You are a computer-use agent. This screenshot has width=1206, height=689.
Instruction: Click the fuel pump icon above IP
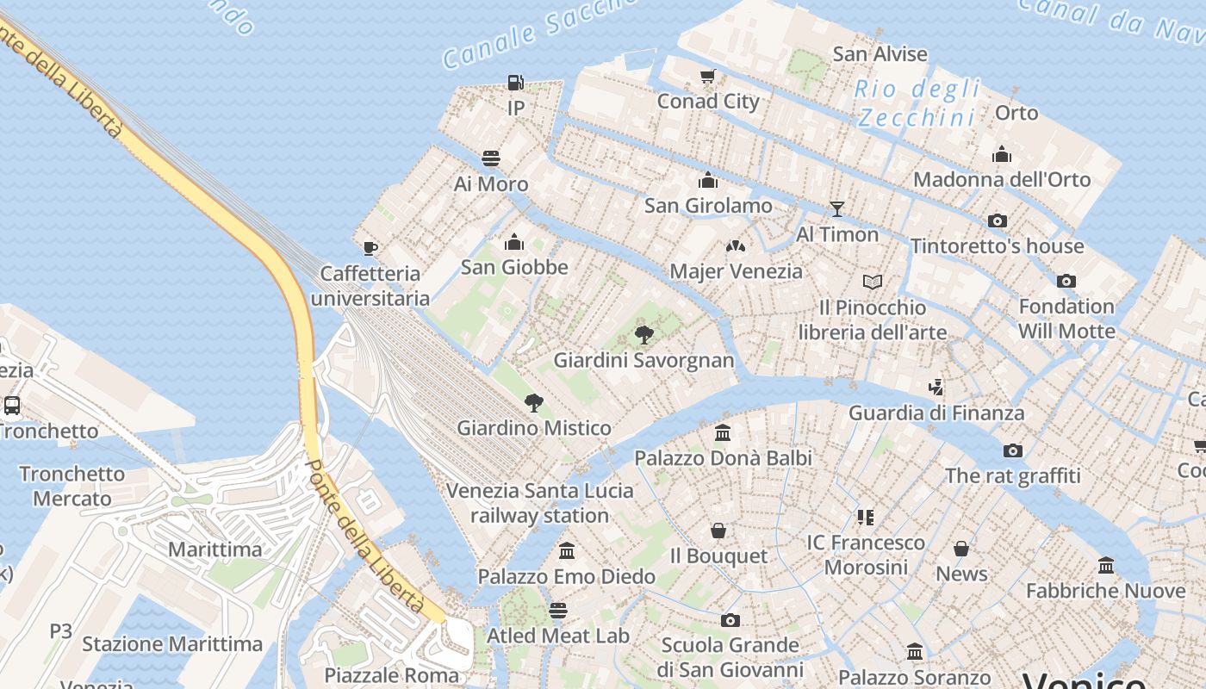tap(516, 83)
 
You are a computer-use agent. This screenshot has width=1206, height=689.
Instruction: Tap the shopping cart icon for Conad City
tap(708, 76)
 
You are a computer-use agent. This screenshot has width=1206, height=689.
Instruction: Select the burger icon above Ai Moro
tap(491, 158)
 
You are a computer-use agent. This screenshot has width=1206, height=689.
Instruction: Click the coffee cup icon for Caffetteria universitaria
tap(370, 249)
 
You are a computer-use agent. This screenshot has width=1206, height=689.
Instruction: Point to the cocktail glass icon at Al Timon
tap(836, 209)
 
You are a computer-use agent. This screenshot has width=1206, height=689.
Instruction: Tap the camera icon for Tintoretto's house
tap(998, 221)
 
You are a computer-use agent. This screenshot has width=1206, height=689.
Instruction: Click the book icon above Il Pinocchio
tap(873, 282)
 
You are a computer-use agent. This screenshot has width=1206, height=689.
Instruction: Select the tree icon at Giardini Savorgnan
tap(643, 335)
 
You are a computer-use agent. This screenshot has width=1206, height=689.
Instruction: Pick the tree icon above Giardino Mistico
tap(534, 402)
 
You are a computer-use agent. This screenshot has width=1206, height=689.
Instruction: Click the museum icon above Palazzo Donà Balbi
tap(723, 432)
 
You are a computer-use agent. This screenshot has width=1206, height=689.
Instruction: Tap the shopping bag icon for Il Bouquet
tap(718, 531)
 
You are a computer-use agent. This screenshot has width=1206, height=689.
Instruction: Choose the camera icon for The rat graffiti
tap(1013, 450)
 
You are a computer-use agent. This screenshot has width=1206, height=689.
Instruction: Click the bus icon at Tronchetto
tap(12, 406)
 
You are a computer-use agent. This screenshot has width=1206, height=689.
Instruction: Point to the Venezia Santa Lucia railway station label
tap(540, 503)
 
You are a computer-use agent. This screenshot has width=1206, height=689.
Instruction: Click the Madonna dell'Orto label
tap(1002, 180)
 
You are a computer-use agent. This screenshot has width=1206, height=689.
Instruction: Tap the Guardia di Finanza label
tap(936, 413)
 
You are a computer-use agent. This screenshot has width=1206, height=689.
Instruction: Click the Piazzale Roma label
tap(392, 675)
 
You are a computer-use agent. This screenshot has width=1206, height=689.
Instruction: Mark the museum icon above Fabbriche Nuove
tap(1106, 566)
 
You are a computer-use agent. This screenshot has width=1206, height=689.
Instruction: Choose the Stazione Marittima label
tap(172, 644)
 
